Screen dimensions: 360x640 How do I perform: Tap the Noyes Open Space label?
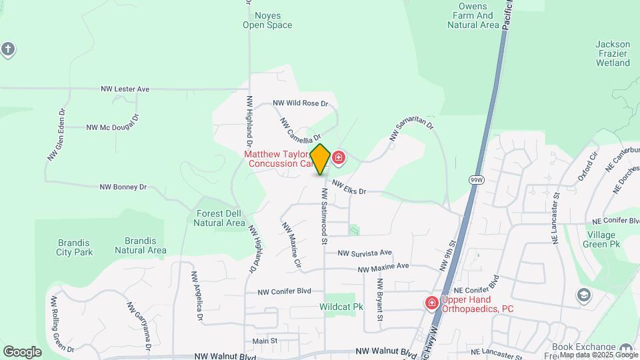pyautogui.click(x=267, y=20)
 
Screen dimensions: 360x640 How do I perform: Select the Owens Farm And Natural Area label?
pyautogui.click(x=473, y=15)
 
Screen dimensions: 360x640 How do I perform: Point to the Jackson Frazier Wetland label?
pyautogui.click(x=613, y=54)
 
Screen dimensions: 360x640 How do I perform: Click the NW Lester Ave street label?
pyautogui.click(x=125, y=89)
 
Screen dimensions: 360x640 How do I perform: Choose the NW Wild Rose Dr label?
pyautogui.click(x=301, y=104)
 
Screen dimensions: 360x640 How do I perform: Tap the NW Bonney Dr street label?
pyautogui.click(x=123, y=187)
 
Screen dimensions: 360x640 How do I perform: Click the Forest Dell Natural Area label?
pyautogui.click(x=219, y=218)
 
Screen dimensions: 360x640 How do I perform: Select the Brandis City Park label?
pyautogui.click(x=74, y=247)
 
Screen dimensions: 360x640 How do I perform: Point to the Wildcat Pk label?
pyautogui.click(x=341, y=307)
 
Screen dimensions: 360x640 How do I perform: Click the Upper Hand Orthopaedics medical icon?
pyautogui.click(x=432, y=303)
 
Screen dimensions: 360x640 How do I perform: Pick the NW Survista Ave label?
pyautogui.click(x=364, y=253)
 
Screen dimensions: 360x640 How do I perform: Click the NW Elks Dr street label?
pyautogui.click(x=349, y=189)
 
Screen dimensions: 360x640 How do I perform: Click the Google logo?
pyautogui.click(x=22, y=352)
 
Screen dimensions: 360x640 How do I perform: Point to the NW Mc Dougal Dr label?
pyautogui.click(x=112, y=126)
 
